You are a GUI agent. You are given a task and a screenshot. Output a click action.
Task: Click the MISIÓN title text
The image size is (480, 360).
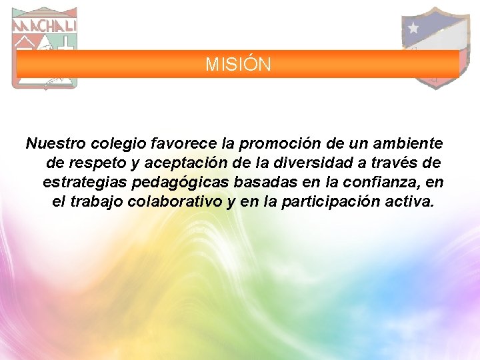238,65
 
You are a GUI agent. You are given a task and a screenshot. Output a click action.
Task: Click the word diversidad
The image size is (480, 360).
309,163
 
